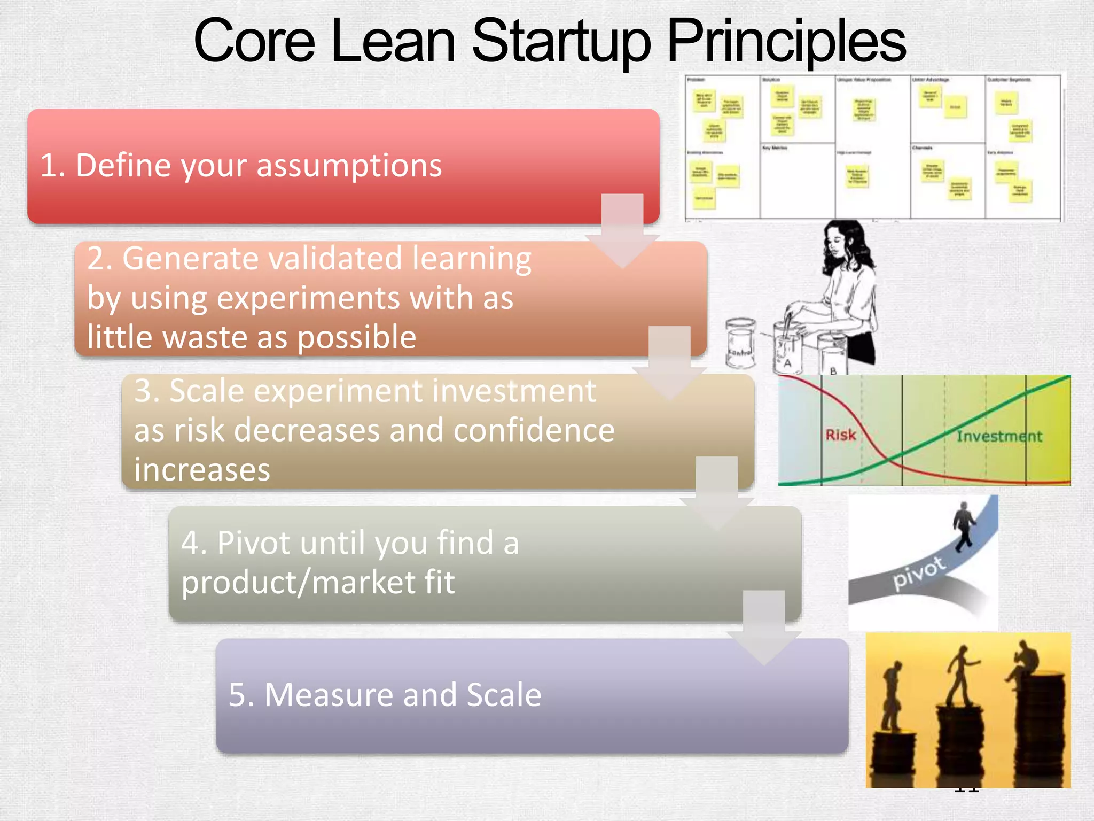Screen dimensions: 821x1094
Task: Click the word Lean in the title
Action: click(x=392, y=42)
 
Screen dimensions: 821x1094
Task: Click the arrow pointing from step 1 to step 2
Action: click(x=622, y=230)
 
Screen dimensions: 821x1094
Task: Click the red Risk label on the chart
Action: click(x=840, y=435)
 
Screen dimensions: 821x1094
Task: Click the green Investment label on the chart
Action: click(x=998, y=437)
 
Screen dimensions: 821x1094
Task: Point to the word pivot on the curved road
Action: click(x=919, y=572)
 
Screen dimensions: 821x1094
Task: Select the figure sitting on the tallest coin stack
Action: click(x=1025, y=663)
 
